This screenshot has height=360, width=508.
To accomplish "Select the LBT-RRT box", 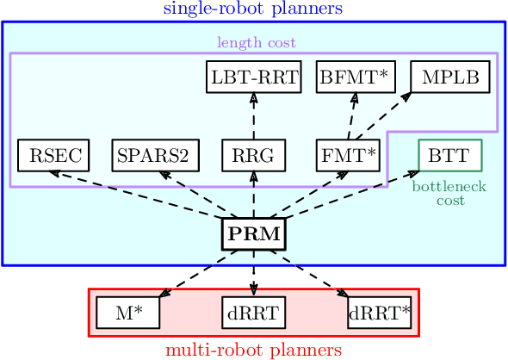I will [253, 78].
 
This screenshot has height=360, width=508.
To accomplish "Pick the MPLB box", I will [449, 78].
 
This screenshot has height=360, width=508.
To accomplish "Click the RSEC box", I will [50, 156].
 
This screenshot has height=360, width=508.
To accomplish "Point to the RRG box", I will [253, 156].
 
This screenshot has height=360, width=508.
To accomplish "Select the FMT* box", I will [348, 156].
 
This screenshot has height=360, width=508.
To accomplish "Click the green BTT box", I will [449, 156].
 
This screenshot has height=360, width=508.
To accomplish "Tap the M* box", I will [127, 313].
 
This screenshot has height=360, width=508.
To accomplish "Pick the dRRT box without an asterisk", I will [253, 313].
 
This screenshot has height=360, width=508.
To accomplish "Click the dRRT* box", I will [379, 313].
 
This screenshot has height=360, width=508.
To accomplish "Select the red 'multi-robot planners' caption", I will [253, 351].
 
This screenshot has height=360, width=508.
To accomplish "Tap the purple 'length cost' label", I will [253, 42].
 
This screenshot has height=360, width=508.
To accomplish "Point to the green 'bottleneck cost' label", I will [449, 193].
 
